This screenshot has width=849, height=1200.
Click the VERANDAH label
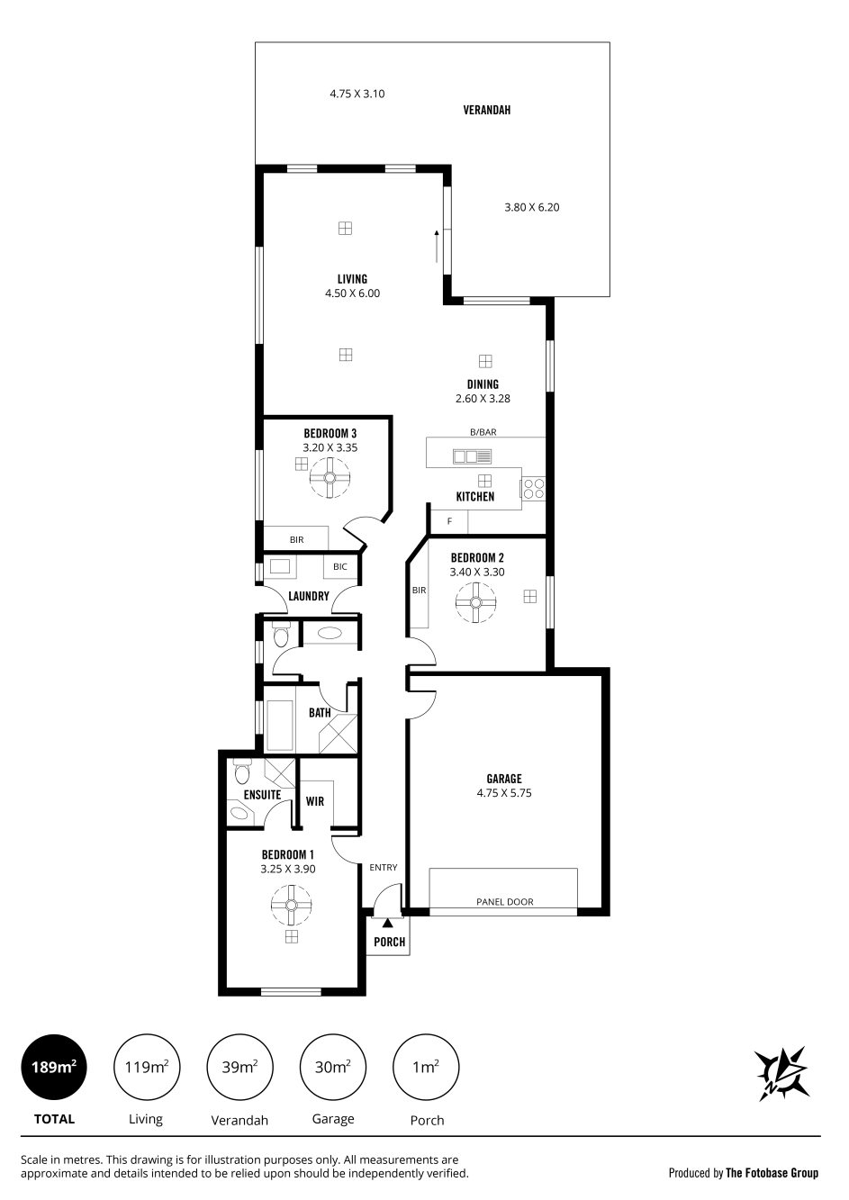point(486,110)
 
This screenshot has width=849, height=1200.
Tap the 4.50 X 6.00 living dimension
point(352,293)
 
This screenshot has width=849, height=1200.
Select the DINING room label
point(483,384)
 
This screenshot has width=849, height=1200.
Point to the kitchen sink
point(472,456)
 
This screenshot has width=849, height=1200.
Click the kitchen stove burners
point(533,489)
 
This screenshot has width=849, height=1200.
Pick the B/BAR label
point(483,432)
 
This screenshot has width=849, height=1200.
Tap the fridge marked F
point(449,521)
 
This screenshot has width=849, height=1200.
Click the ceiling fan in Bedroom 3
point(330,477)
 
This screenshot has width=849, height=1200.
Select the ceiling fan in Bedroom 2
point(475,602)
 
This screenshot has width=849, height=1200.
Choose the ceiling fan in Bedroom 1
point(291,905)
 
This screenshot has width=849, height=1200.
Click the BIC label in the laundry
point(340,566)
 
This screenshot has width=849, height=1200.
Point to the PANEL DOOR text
point(504,902)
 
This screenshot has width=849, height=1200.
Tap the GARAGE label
point(504,779)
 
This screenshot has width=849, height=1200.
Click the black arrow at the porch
point(387,923)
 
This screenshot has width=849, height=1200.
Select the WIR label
point(315,801)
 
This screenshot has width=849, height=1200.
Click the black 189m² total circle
point(53,1068)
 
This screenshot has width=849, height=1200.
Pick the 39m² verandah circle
point(239,1068)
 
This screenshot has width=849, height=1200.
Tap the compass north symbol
point(781,1074)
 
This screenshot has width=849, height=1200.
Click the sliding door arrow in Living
point(437,247)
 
